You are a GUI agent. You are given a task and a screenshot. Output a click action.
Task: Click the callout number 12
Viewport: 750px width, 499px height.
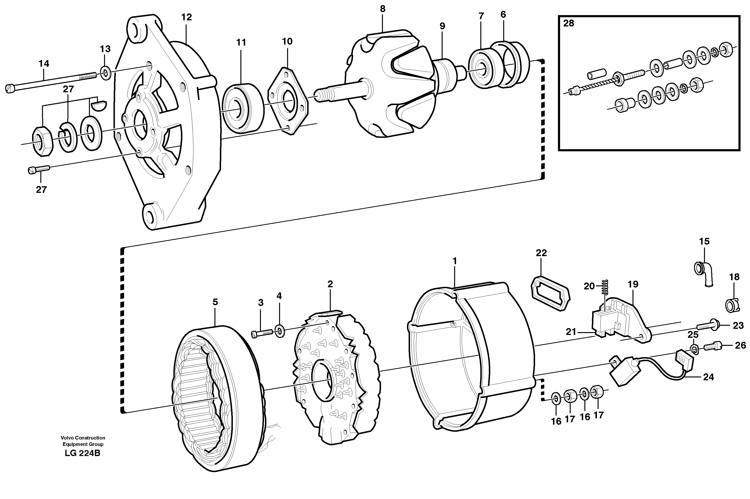[x=186, y=17]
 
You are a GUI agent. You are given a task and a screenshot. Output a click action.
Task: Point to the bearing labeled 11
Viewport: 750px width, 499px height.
[x=243, y=108]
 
